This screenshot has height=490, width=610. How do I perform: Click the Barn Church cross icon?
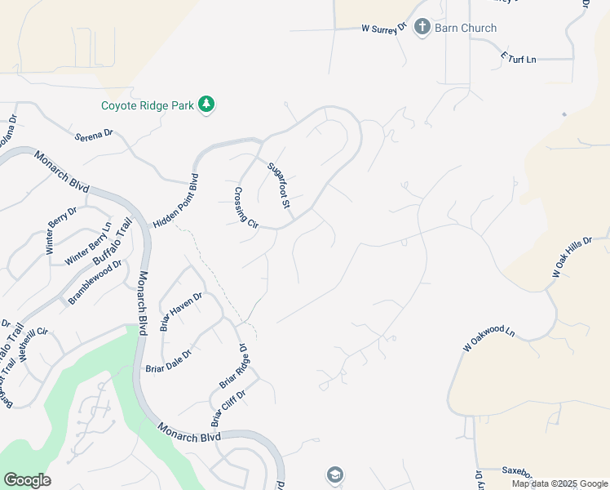pyautogui.click(x=422, y=28)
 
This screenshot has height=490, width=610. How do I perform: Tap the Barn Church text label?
pyautogui.click(x=466, y=28)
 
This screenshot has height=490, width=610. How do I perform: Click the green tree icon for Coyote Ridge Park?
pyautogui.click(x=208, y=105)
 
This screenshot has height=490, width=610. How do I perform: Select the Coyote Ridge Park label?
pyautogui.click(x=148, y=105)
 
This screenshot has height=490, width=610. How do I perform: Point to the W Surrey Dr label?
pyautogui.click(x=384, y=29)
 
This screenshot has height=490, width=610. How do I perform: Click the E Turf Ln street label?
pyautogui.click(x=519, y=59)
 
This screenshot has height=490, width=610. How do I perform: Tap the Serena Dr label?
pyautogui.click(x=93, y=133)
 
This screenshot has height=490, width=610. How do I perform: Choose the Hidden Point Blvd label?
pyautogui.click(x=175, y=200)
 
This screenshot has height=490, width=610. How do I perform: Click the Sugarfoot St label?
pyautogui.click(x=281, y=184)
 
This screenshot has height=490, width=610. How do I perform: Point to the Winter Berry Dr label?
pyautogui.click(x=61, y=230)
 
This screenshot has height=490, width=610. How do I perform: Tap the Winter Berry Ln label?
pyautogui.click(x=87, y=243)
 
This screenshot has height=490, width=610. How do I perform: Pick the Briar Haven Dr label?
pyautogui.click(x=181, y=311)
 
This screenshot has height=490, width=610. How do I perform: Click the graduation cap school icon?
pyautogui.click(x=334, y=474)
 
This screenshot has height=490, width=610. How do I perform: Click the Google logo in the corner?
pyautogui.click(x=27, y=480)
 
